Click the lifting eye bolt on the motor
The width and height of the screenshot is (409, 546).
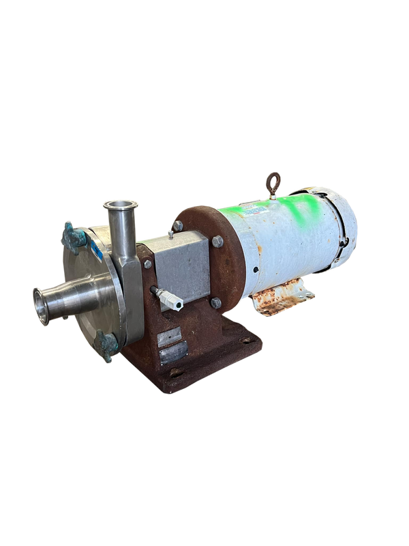pos(273,181)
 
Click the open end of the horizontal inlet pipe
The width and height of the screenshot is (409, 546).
pos(42,305)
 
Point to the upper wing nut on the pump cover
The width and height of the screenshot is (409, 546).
pos(74,235)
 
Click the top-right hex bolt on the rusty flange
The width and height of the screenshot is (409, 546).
pos(217,242)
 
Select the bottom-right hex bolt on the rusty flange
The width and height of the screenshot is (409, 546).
pos(215,302)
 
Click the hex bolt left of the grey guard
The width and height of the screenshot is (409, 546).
pos(148,263)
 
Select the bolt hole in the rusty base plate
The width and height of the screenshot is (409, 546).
pos(176,373)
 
